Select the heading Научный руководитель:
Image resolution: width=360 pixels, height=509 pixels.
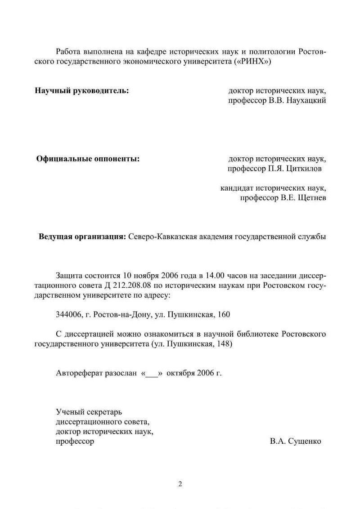(x=82, y=90)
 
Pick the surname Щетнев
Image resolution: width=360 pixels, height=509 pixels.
(x=310, y=197)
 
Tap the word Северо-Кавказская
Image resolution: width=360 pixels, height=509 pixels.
(x=159, y=236)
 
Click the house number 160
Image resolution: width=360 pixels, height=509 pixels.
(x=224, y=315)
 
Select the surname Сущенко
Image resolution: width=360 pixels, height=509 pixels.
(x=301, y=442)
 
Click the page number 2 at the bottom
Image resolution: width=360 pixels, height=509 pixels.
(x=180, y=484)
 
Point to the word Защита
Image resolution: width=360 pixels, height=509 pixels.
(x=68, y=275)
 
